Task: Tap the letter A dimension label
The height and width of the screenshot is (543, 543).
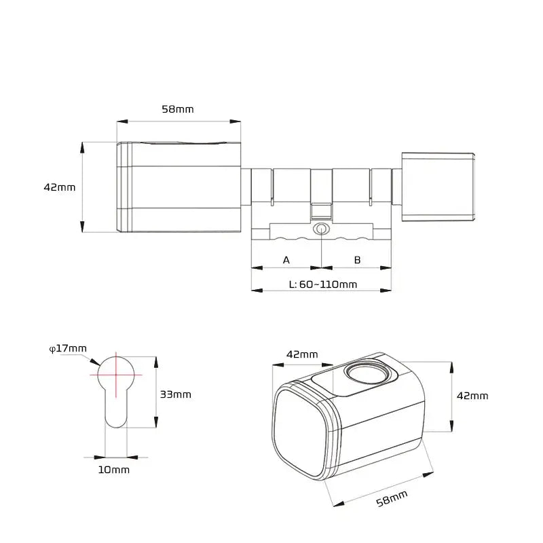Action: [x=286, y=260]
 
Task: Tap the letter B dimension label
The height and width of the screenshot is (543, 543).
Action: [x=357, y=260]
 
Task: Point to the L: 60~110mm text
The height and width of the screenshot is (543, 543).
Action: [x=323, y=284]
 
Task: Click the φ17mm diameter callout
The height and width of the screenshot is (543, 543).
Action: [x=69, y=348]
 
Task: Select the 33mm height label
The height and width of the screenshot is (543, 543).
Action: [x=175, y=394]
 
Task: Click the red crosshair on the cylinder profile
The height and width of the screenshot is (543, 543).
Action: [x=115, y=374]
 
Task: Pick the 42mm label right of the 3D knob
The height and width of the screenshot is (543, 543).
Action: [x=471, y=396]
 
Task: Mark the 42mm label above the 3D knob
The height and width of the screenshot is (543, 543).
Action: [x=302, y=354]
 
